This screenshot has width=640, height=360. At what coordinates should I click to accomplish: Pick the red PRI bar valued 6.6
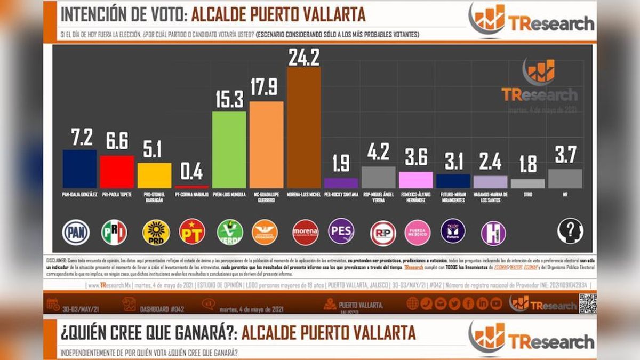tap(117, 171)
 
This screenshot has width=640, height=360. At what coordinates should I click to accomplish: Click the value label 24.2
tap(303, 57)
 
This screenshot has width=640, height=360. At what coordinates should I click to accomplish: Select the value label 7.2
tap(79, 138)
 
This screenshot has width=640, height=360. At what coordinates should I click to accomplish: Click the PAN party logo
tap(76, 232)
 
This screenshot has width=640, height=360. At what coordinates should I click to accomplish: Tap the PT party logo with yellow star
tap(192, 231)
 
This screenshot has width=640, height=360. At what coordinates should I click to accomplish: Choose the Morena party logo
tap(305, 233)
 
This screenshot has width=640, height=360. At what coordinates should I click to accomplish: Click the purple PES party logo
tap(341, 231)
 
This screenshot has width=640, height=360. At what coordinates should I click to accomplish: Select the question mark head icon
tap(570, 231)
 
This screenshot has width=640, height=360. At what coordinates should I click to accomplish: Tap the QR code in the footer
tap(588, 303)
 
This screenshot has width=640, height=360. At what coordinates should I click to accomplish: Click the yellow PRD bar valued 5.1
tap(154, 175)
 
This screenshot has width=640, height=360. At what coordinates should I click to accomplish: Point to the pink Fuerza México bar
tap(415, 179)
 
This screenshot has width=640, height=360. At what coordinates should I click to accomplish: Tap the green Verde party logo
tap(230, 232)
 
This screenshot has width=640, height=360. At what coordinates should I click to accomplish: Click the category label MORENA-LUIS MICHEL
tap(303, 195)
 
